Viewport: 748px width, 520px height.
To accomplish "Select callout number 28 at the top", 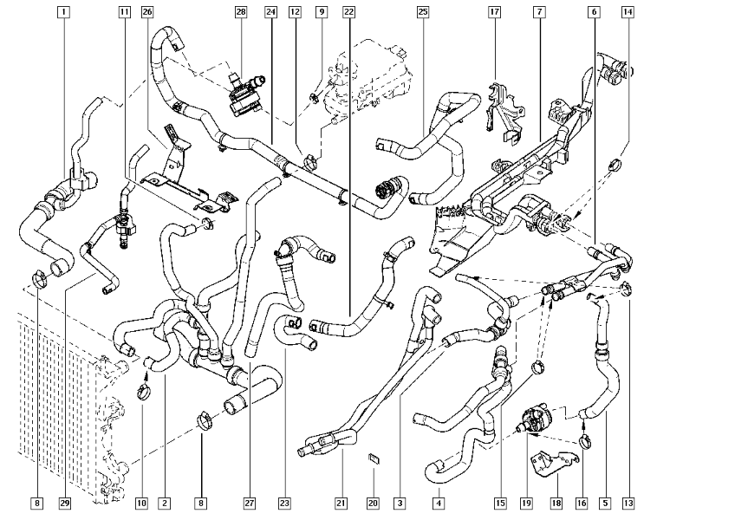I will (x=240, y=12).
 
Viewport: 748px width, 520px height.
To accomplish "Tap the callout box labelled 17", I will (x=494, y=12).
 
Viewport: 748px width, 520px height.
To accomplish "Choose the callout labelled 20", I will (x=373, y=503).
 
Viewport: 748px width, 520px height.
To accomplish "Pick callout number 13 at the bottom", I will (x=628, y=503).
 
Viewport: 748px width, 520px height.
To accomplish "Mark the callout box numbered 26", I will (x=146, y=12).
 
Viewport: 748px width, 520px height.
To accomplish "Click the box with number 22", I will (x=348, y=12).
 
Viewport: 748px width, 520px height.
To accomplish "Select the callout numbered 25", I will (x=422, y=12).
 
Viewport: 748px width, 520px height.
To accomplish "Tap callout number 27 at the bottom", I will (x=249, y=503).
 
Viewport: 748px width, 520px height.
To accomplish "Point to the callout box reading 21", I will (x=341, y=503).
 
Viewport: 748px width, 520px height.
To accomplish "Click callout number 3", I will (x=400, y=503).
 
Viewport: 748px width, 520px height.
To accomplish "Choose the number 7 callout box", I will (x=539, y=12).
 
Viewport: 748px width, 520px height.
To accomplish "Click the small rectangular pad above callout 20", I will (x=374, y=459).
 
